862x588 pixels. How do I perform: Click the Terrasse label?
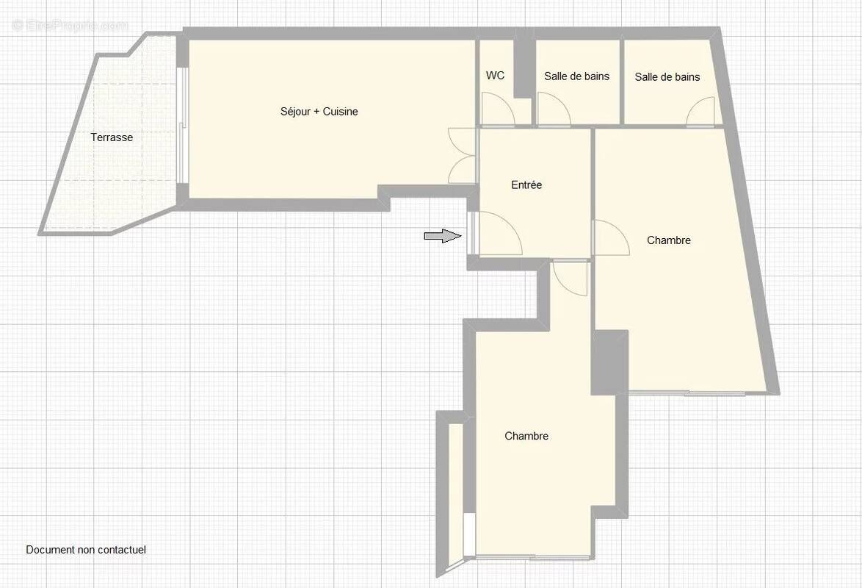click(x=112, y=137)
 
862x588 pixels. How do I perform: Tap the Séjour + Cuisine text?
click(x=319, y=112)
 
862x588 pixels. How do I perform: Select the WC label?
click(x=495, y=76)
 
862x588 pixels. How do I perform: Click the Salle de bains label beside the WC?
click(x=576, y=76)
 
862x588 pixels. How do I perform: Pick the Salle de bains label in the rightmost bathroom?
click(x=667, y=77)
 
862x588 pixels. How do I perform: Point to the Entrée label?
click(x=526, y=185)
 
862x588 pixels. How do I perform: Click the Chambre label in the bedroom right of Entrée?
click(x=668, y=240)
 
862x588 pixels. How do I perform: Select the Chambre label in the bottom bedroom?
click(x=526, y=436)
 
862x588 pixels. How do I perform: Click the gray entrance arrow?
click(x=443, y=236)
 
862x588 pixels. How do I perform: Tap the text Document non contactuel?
click(x=87, y=550)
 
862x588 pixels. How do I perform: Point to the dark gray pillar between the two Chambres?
click(x=609, y=362)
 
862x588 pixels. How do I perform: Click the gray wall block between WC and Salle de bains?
click(x=524, y=69)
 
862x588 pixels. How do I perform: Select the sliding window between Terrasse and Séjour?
click(x=183, y=126)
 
